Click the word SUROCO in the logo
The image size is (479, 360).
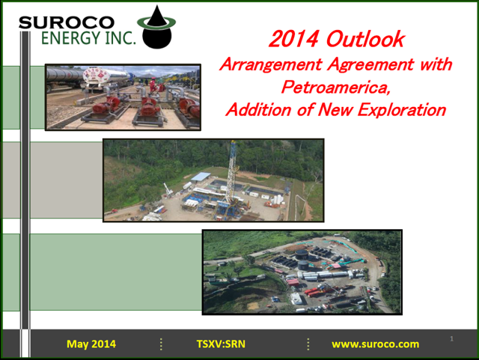[x=67, y=22]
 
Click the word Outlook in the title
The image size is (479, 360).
[x=365, y=39]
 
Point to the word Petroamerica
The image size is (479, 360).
[x=336, y=87]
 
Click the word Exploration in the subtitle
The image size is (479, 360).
[x=402, y=109]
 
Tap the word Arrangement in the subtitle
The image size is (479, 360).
[x=271, y=65]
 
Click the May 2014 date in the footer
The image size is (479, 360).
[x=91, y=344]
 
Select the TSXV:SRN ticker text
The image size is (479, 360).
[x=221, y=344]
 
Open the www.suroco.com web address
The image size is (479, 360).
[x=376, y=344]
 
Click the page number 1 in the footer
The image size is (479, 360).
[x=451, y=338]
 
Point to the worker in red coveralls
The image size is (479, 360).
[x=152, y=85]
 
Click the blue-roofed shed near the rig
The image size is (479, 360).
[x=201, y=177]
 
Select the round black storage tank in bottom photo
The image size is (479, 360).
[x=302, y=254]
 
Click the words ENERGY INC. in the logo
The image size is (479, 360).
[x=88, y=38]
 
